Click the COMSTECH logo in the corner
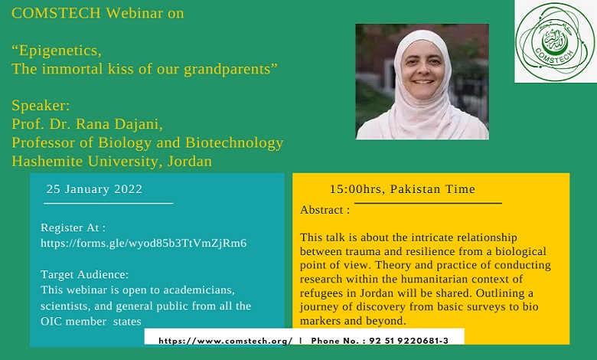point(556,41)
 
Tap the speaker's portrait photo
point(422,81)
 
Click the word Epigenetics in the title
point(60,51)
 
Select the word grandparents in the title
point(227,69)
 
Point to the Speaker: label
point(41,105)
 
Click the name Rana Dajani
point(119,124)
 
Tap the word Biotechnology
point(234,142)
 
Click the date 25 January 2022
point(94,189)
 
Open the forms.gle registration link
point(144,244)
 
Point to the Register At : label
point(73,227)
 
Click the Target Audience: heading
point(84,275)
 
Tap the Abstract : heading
point(325,210)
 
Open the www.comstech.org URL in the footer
point(225,341)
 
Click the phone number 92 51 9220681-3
point(409,341)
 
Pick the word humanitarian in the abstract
point(435,280)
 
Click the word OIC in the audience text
point(51,322)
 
